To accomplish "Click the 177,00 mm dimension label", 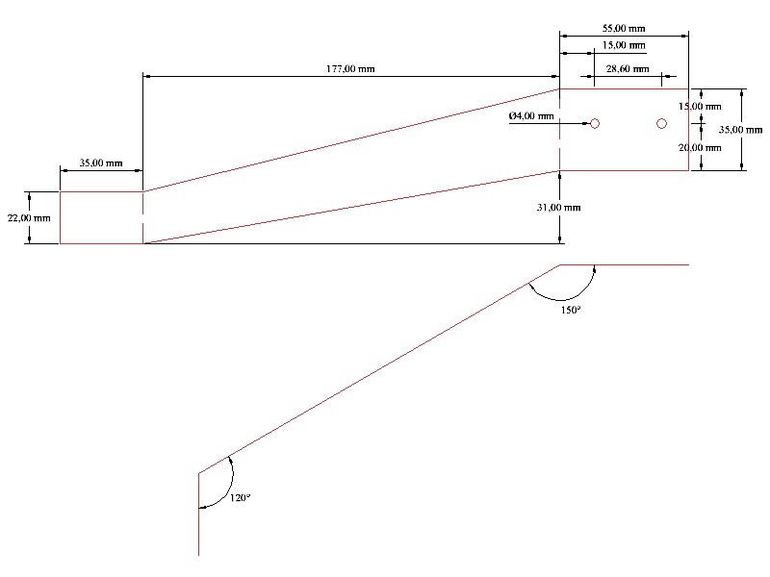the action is [350, 68].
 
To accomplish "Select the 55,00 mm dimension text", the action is [624, 29].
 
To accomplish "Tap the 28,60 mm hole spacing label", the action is [628, 68].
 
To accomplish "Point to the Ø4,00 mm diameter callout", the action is [531, 115].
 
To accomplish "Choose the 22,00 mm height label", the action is [29, 218].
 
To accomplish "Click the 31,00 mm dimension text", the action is [558, 208].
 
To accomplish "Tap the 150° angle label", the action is [571, 310].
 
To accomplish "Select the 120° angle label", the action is [240, 498].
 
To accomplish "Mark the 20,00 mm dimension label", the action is [700, 148].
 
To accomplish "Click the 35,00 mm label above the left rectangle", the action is [101, 163].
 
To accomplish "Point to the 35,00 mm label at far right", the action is [740, 130].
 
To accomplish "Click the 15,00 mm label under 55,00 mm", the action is [624, 45].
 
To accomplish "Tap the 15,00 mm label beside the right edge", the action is [700, 106].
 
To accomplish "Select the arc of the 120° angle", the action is [232, 484].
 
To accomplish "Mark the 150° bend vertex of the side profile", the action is [560, 265].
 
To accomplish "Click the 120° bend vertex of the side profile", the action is [199, 473].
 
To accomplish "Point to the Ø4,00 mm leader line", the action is [549, 124].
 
